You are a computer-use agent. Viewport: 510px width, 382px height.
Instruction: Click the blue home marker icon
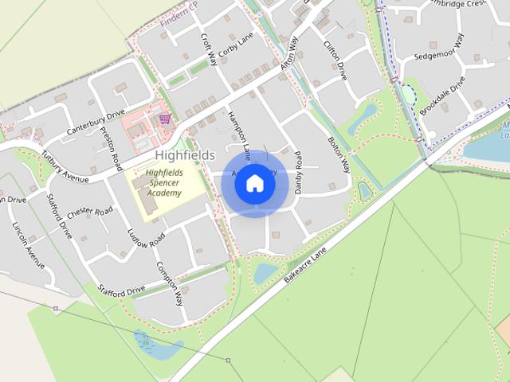click(254, 183)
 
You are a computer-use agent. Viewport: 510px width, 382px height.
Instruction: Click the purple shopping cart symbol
click(164, 119)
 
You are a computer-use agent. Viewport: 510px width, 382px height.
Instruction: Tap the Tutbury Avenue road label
click(66, 163)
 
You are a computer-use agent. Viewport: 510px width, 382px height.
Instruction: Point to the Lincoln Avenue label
click(28, 244)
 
